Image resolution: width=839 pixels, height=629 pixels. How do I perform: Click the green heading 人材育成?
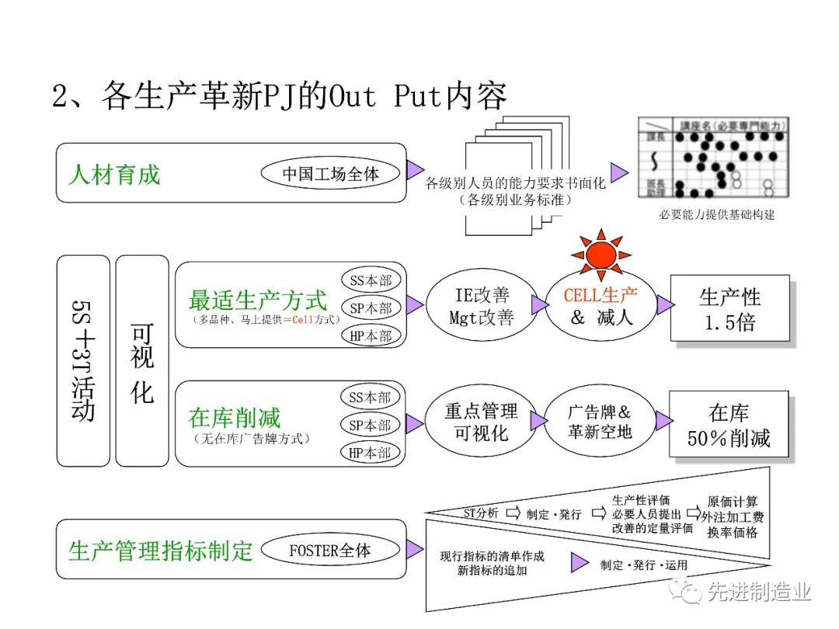pyautogui.click(x=114, y=173)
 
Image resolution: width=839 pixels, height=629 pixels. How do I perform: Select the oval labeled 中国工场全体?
pyautogui.click(x=331, y=173)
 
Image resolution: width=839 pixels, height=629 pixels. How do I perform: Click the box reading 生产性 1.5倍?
pyautogui.click(x=729, y=308)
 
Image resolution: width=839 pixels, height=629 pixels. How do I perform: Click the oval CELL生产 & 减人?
pyautogui.click(x=600, y=305)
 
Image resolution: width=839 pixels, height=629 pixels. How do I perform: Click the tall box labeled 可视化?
pyautogui.click(x=142, y=361)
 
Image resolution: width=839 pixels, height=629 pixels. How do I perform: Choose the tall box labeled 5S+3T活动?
pyautogui.click(x=83, y=361)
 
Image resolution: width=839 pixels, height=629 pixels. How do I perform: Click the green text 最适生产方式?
pyautogui.click(x=258, y=300)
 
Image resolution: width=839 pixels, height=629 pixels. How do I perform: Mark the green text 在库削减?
pyautogui.click(x=235, y=418)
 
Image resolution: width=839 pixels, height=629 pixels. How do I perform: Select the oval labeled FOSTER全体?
pyautogui.click(x=331, y=551)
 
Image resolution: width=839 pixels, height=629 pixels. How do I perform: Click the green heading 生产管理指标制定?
pyautogui.click(x=161, y=551)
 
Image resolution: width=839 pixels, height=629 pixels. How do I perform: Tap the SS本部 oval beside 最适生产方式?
pyautogui.click(x=370, y=280)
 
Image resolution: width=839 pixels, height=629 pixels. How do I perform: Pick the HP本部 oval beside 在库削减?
pyautogui.click(x=370, y=453)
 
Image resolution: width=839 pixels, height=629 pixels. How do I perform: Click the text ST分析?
pyautogui.click(x=481, y=513)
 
